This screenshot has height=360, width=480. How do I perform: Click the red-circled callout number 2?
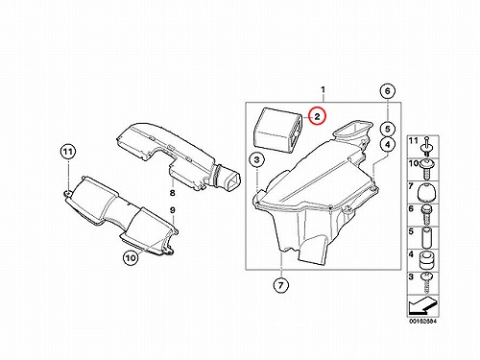coord(317,116)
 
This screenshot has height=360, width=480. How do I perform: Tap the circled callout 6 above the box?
coord(388,91)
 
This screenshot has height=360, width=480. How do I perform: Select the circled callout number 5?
coord(388,129)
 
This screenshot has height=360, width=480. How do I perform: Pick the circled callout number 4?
coord(388,145)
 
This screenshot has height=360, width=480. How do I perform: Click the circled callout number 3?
coord(257,160)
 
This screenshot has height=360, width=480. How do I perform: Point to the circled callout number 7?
coord(280,285)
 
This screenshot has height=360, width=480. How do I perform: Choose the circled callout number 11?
coord(68,152)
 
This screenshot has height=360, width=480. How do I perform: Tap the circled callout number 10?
coord(131,258)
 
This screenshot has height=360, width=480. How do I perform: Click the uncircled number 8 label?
coord(173,193)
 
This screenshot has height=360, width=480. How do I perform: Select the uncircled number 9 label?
coord(173,210)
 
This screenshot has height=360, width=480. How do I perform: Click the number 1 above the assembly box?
coord(323,89)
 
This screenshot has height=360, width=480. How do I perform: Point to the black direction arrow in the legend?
coord(421,306)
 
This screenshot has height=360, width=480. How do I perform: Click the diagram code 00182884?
coord(422,321)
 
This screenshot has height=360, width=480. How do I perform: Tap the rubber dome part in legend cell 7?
coord(426,193)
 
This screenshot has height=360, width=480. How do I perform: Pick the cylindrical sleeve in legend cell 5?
coord(426,238)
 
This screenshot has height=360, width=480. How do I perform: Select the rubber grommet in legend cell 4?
coord(426,261)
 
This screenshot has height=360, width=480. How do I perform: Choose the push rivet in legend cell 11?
coord(426,146)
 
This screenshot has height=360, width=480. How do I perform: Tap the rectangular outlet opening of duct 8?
coord(232,182)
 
